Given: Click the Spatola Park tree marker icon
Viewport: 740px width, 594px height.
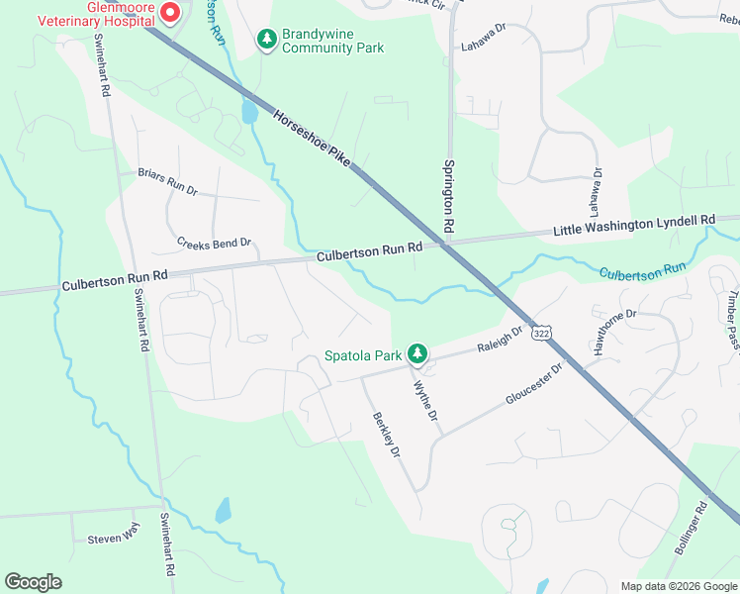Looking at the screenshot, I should (418, 353).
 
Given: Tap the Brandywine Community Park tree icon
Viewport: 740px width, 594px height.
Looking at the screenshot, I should (266, 40).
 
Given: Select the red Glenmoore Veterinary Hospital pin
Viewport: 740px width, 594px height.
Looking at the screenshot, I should (169, 13).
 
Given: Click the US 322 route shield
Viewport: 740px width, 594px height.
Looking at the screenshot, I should (540, 334).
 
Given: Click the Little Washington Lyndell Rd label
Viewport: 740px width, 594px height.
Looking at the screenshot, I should (633, 225).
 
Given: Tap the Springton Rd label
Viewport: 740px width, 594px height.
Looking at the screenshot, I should (449, 197).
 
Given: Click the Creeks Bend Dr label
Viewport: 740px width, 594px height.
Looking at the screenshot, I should (214, 242).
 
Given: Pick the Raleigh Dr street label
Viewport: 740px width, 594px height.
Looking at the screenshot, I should (500, 342).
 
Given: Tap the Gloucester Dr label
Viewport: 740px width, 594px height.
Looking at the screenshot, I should (533, 383).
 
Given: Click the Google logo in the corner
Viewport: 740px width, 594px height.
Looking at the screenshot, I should (33, 581).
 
